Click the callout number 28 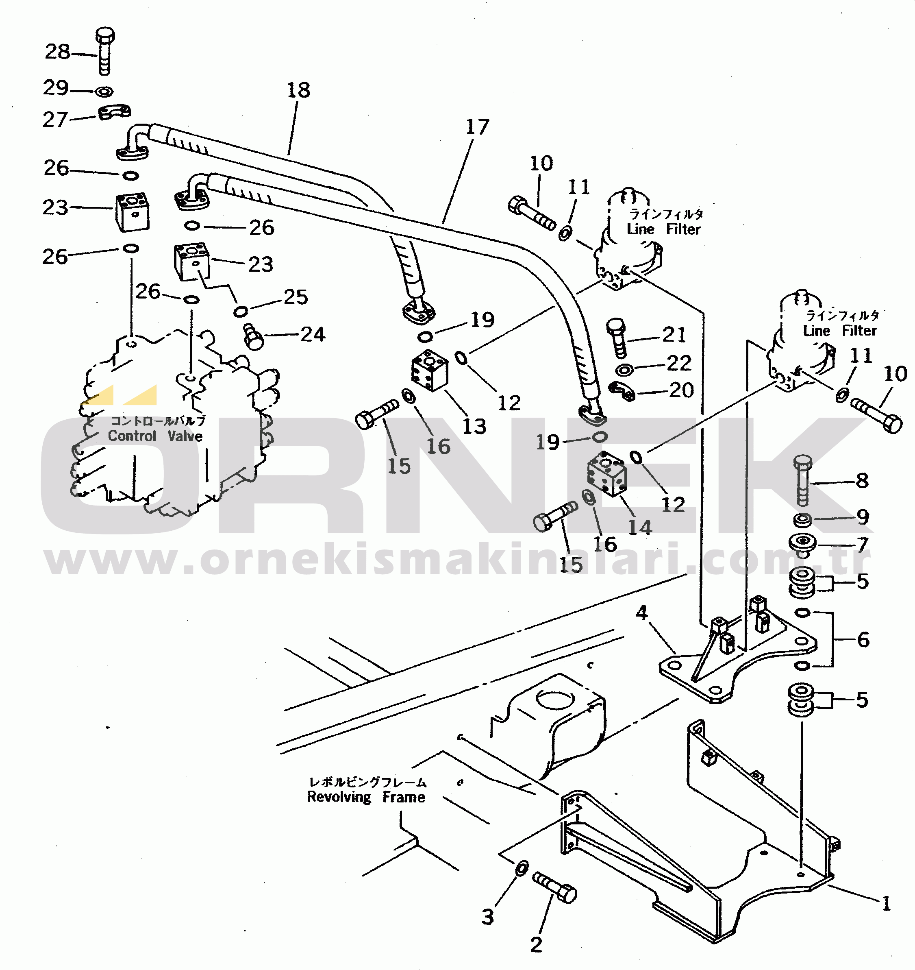tap(58, 52)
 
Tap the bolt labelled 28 tap(104, 51)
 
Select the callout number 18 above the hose tap(298, 90)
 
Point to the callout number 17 tap(477, 127)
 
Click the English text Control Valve tap(155, 436)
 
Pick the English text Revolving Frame tap(366, 797)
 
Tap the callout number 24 tap(313, 334)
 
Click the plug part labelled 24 tap(253, 336)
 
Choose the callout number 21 tap(674, 334)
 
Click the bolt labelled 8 tap(803, 480)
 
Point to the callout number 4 tap(641, 613)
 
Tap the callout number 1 tap(887, 904)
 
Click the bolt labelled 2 tap(554, 887)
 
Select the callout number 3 tap(488, 917)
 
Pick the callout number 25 tap(296, 296)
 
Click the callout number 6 tap(863, 640)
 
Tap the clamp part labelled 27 tap(115, 113)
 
